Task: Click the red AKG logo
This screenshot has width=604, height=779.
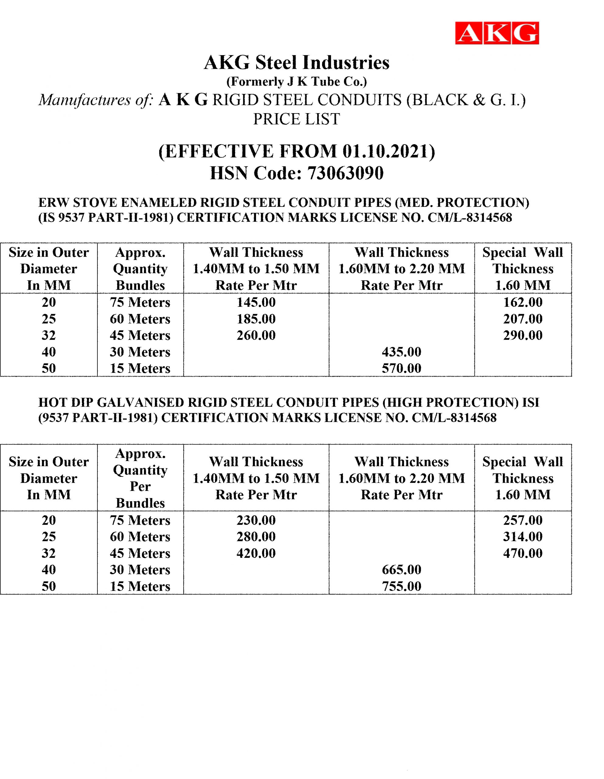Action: (497, 33)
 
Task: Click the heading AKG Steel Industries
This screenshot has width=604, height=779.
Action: (297, 63)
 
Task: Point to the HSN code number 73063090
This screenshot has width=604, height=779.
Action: (345, 173)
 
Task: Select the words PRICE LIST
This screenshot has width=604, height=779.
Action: (297, 119)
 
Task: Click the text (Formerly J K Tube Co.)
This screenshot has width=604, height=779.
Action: (297, 82)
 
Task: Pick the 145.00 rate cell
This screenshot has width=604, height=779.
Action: (256, 302)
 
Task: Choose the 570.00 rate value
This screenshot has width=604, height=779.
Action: (401, 368)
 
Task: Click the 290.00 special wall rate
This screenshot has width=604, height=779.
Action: (523, 335)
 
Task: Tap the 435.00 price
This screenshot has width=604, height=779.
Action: (401, 352)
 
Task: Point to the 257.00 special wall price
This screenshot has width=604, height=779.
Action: (523, 520)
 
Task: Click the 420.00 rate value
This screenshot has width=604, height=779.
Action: (256, 553)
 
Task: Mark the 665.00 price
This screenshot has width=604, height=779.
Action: (401, 570)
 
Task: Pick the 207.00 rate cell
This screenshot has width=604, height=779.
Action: (523, 319)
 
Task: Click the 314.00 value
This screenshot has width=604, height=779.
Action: (523, 536)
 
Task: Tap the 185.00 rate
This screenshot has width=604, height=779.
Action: (256, 319)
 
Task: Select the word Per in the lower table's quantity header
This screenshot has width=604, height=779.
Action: (140, 487)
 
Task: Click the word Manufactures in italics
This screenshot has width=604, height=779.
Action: (85, 100)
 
